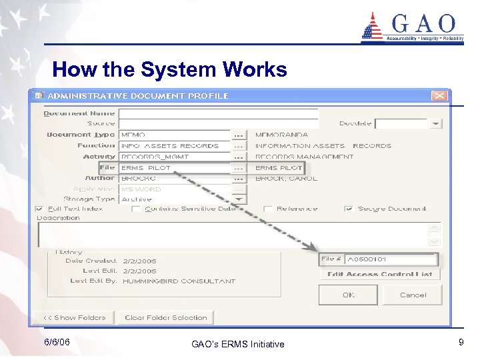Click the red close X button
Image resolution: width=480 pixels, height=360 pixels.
(439, 96)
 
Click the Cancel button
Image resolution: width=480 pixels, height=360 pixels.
(413, 295)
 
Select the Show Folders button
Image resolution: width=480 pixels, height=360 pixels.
(74, 318)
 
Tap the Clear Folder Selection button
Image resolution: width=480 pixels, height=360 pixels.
(166, 318)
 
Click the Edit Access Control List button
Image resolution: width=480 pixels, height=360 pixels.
(380, 274)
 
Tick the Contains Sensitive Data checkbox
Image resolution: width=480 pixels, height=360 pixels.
(136, 209)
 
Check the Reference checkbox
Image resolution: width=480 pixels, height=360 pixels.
(268, 209)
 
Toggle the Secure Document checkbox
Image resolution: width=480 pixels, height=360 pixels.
(349, 209)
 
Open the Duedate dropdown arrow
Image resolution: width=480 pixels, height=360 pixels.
(435, 124)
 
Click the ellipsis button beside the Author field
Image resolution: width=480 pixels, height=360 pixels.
(239, 179)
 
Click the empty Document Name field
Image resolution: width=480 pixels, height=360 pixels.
(218, 113)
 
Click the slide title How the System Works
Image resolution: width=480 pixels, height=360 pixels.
(169, 69)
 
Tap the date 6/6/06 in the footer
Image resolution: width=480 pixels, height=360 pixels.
(57, 342)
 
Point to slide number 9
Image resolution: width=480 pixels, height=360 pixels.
(461, 342)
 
